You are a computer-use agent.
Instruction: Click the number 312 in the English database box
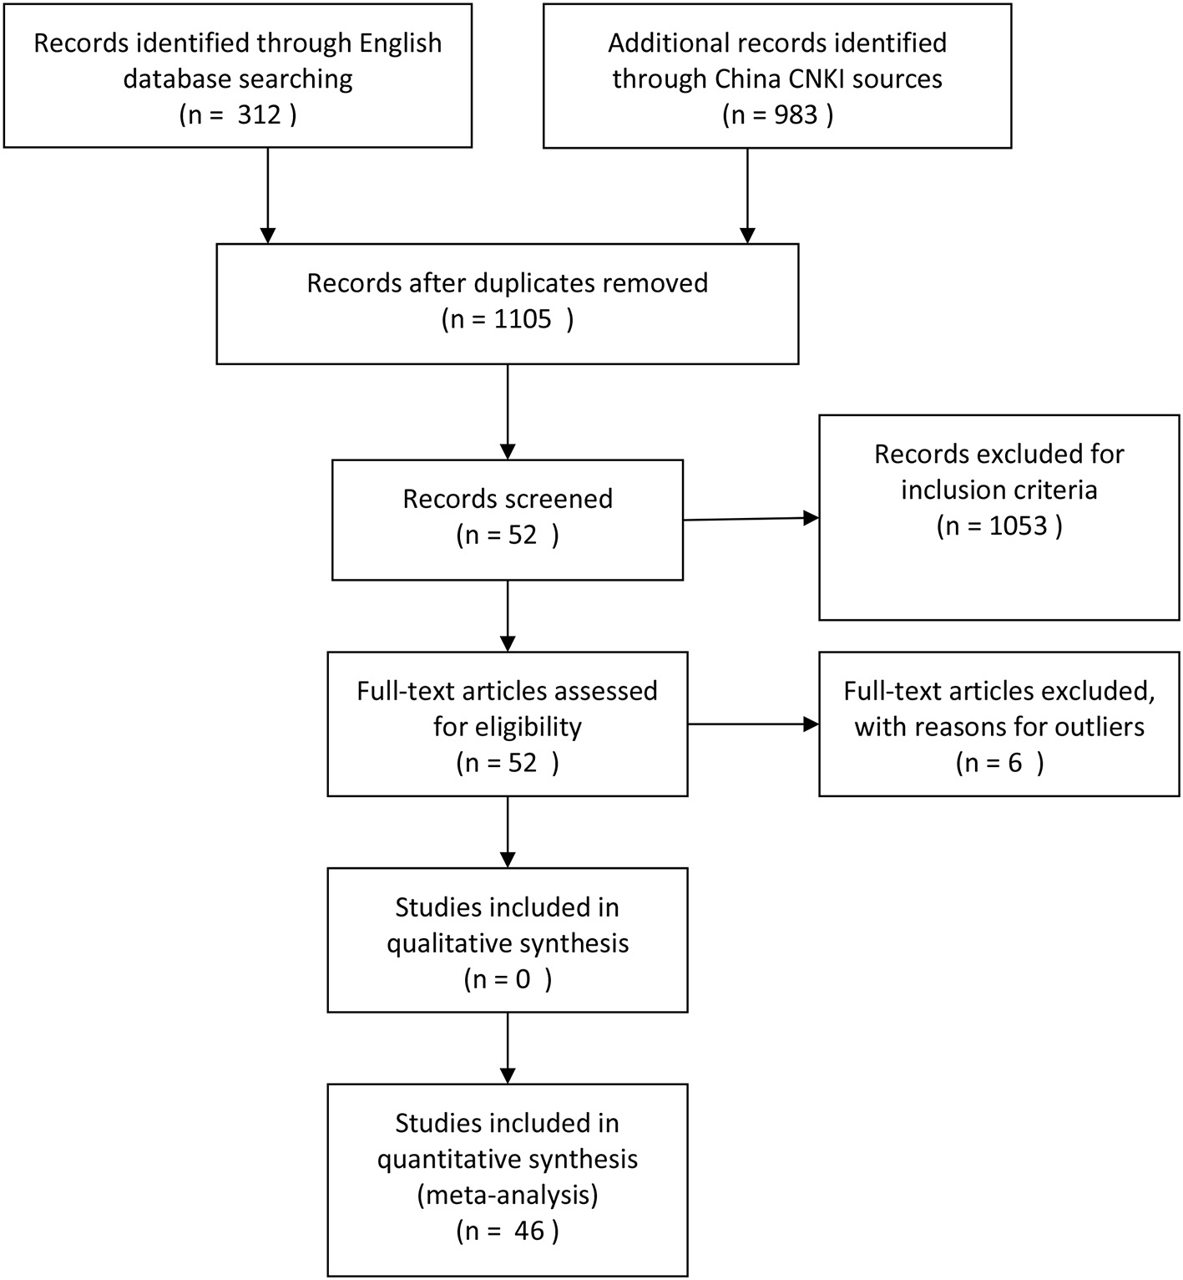[259, 114]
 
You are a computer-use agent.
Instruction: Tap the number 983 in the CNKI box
[795, 114]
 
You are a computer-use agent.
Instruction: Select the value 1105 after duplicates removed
[523, 319]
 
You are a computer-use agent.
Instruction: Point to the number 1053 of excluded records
[1018, 526]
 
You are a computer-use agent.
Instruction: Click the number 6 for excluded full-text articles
[1014, 763]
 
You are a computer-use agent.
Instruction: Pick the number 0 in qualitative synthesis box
[523, 979]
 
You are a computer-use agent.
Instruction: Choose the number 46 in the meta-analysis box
[528, 1231]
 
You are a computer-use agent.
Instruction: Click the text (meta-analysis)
[508, 1195]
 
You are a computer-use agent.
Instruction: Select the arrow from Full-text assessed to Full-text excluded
[751, 724]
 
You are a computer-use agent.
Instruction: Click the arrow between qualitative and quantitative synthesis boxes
[508, 1048]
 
